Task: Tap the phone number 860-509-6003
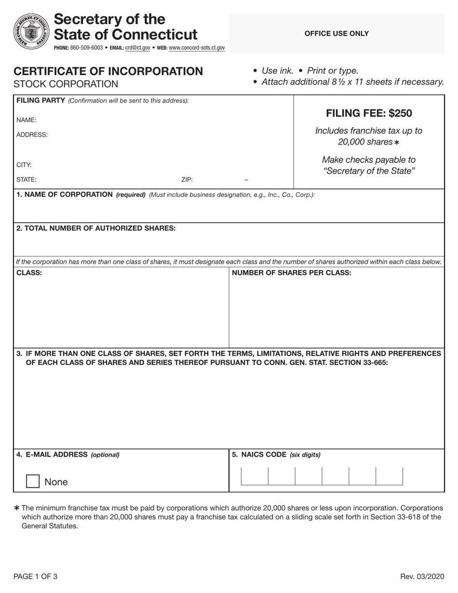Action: pos(86,48)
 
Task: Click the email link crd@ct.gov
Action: pos(137,48)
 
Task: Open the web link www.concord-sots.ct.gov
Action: pos(197,48)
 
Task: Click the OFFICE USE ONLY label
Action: pos(337,33)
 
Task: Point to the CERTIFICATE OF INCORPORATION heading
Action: pos(108,71)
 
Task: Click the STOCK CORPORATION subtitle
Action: pos(66,84)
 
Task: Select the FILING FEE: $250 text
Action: pos(369,113)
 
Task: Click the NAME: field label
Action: pos(27,120)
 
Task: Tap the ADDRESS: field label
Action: pos(32,135)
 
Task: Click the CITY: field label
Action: pos(24,165)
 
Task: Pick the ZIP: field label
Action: pos(187,180)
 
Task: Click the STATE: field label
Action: pos(26,180)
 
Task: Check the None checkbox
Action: pos(33,482)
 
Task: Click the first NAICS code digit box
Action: pos(255,476)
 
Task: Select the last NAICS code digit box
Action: pos(389,476)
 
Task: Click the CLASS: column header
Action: pos(29,273)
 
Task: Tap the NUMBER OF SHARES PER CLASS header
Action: pos(292,273)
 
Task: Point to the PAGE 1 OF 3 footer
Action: pos(36,577)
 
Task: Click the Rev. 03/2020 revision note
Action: pos(422,577)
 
